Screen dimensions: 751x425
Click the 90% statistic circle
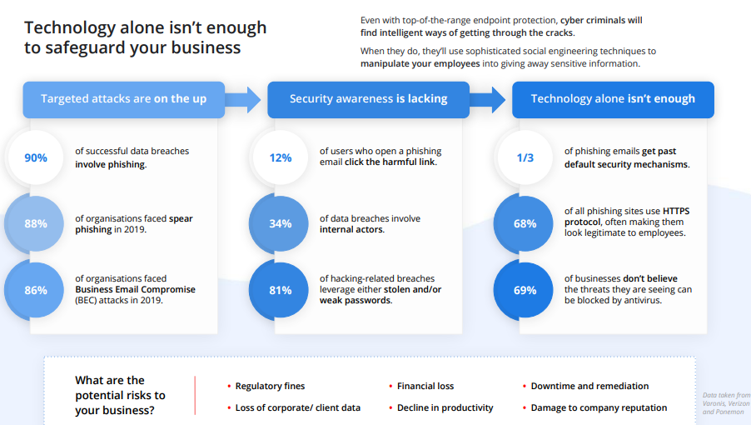36,157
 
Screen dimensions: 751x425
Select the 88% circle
34,223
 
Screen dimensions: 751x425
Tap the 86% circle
34,290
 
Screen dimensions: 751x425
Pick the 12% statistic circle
281,157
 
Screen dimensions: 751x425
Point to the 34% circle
279,223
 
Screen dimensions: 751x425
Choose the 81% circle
279,290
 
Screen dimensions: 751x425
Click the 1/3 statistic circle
525,157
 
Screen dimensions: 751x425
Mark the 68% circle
524,223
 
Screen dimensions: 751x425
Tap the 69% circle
524,290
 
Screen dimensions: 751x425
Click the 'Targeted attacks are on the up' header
123,99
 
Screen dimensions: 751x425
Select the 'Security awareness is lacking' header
368,99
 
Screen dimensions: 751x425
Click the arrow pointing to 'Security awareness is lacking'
243,100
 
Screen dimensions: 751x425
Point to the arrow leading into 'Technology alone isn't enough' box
488,100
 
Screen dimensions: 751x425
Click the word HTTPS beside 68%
676,211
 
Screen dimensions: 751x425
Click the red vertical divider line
195,395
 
